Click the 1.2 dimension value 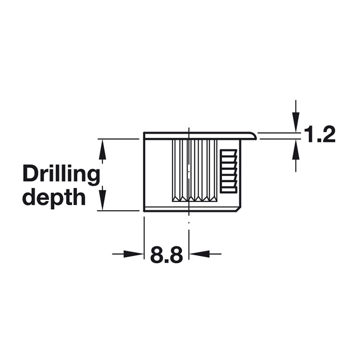point(319,134)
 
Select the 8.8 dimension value point(166,254)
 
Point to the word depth point(54,197)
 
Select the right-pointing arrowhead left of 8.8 point(134,254)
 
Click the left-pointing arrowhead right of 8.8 point(199,254)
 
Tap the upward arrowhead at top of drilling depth point(103,149)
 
